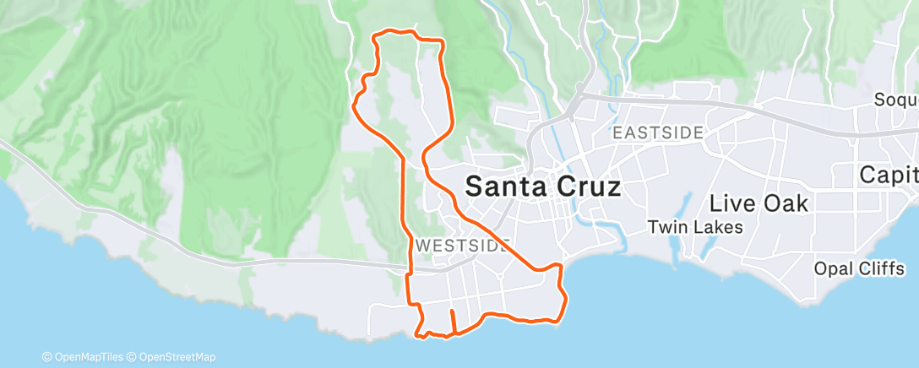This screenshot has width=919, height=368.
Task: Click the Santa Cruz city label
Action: pos(543,187)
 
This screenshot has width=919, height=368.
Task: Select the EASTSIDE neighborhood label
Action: pos(658,133)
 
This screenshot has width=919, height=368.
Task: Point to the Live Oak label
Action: pos(759,203)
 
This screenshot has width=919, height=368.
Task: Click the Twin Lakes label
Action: pos(695,227)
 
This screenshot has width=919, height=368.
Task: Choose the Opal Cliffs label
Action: pos(860,268)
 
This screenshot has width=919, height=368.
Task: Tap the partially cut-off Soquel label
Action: pos(896,100)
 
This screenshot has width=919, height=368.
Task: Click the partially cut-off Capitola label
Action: pos(889,176)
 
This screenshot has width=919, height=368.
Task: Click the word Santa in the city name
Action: pos(504,187)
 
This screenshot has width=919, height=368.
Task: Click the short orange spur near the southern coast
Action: pos(453,321)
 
